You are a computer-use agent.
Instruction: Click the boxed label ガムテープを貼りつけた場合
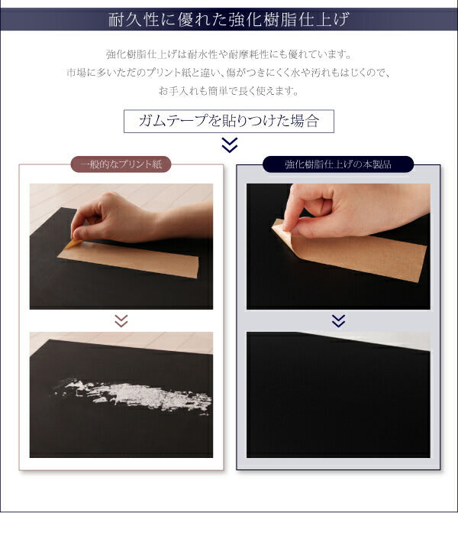point(228,121)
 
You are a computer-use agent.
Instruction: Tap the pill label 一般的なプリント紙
point(121,164)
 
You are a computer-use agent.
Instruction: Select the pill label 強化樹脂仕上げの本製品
point(337,164)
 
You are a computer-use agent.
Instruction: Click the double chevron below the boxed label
point(229,145)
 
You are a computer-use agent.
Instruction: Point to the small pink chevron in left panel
point(121,321)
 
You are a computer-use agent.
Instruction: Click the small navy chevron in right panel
point(338,320)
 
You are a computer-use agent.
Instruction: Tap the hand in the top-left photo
point(114,216)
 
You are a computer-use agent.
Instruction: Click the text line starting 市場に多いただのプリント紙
point(228,73)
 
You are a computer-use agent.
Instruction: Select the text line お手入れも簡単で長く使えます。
point(228,91)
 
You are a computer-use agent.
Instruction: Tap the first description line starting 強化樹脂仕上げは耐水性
point(228,55)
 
